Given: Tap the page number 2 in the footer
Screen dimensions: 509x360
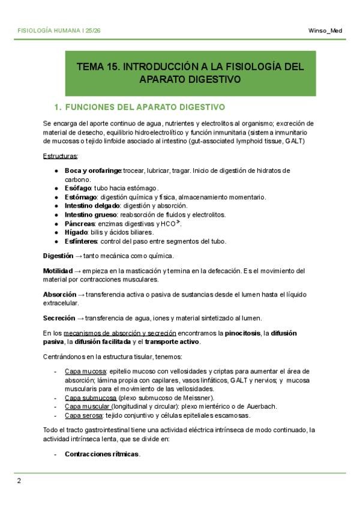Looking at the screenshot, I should [x=19, y=480].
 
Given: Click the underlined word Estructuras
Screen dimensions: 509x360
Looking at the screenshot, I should [x=61, y=156].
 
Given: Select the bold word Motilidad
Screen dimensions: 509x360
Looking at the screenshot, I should [x=58, y=271].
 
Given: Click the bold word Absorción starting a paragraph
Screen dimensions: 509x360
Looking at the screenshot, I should [x=59, y=295].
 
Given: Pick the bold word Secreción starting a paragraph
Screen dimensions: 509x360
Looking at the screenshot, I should [x=59, y=318].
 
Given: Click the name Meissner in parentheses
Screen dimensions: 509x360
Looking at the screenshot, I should [x=194, y=397].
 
